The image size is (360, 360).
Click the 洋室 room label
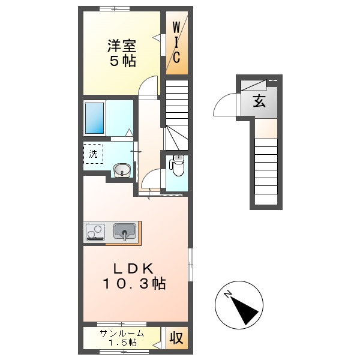click(x=122, y=45)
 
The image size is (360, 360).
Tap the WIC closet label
click(x=177, y=42)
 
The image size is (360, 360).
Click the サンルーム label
click(x=122, y=334)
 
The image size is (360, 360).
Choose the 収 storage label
click(x=176, y=338)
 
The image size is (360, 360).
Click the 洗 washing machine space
click(x=93, y=154)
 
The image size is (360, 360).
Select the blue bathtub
click(x=95, y=118)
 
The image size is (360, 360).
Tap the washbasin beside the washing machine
click(x=122, y=170)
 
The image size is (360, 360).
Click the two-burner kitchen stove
click(x=95, y=232)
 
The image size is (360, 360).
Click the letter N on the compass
click(x=228, y=294)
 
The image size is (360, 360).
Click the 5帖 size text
click(x=122, y=61)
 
